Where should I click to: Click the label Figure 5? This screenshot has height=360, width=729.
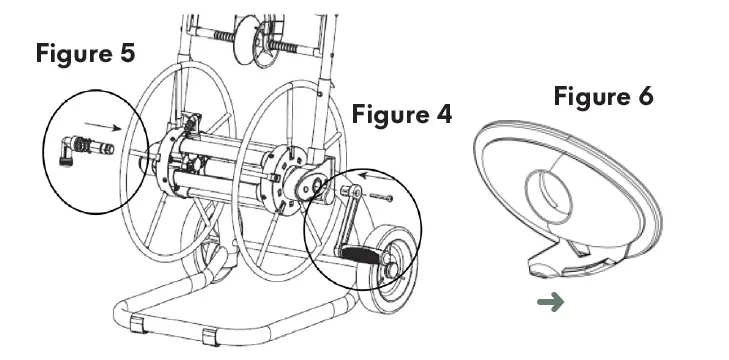85,53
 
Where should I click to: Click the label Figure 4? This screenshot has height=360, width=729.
401,114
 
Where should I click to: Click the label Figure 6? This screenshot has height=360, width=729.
603,97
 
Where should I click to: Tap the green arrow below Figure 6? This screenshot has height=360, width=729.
550,302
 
